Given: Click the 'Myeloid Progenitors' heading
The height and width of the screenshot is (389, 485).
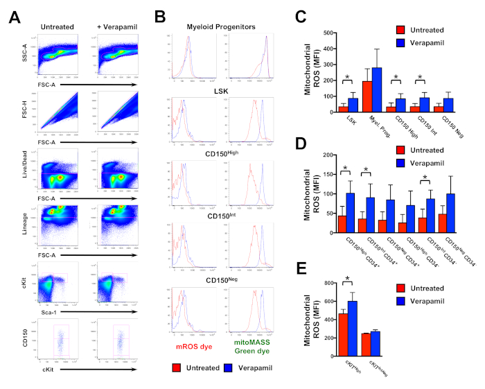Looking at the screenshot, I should (x=222, y=26).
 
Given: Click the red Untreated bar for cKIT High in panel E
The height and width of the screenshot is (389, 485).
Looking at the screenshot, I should (x=342, y=326).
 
